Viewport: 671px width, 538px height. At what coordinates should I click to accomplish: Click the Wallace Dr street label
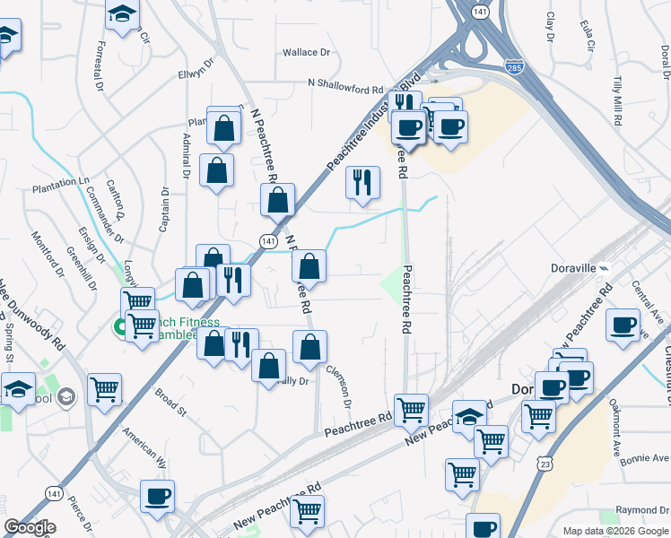tap(307, 53)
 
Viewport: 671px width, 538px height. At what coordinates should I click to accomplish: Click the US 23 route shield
tap(545, 463)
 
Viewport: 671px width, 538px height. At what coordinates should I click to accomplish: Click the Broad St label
tap(170, 403)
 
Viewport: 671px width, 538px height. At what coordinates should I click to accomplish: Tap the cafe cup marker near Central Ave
tap(623, 326)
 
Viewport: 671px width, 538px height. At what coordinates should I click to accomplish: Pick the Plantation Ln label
tap(61, 182)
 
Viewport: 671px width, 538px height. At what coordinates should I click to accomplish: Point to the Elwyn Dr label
tap(196, 70)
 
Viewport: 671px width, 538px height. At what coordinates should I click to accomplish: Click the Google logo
tap(30, 527)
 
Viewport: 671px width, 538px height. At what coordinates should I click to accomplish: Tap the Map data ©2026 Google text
tap(615, 531)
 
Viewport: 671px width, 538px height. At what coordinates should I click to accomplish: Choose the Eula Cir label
tap(588, 35)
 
